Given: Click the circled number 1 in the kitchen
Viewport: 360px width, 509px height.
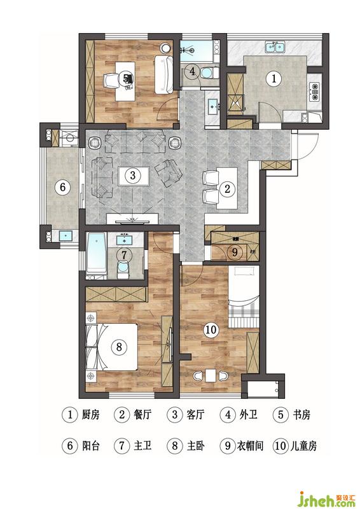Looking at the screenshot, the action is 273,78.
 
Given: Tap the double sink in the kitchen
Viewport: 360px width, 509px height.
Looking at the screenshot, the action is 275,47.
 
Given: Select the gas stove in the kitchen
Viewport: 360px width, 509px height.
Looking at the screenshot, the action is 314,91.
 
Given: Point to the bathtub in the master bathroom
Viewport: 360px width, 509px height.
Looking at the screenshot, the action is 97,253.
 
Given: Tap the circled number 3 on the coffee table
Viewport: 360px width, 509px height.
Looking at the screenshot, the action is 133,176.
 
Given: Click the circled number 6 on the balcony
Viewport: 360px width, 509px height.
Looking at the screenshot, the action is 63,187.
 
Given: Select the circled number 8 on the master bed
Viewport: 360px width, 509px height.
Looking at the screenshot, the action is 119,347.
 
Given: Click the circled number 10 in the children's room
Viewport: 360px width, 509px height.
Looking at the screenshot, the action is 211,330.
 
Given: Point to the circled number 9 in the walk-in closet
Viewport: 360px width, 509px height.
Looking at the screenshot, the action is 235,251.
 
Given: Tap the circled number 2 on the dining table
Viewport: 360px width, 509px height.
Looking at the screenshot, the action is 227,188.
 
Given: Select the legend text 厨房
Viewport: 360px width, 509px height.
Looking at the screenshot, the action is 90,415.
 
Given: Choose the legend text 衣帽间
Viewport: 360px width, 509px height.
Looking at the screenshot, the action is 250,446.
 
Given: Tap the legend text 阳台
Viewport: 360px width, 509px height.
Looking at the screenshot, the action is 90,446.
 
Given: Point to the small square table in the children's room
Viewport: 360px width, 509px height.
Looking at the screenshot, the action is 211,375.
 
